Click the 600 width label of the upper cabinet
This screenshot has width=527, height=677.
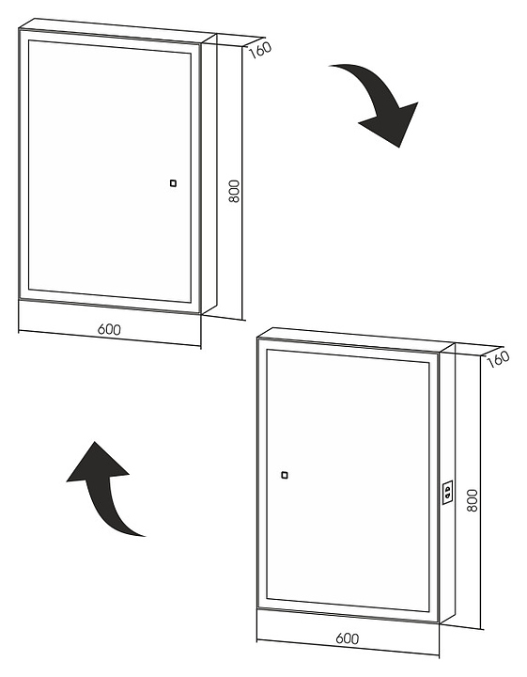(x=109, y=329)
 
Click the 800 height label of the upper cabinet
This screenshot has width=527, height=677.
(x=234, y=191)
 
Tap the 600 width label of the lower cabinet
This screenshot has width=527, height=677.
(x=348, y=638)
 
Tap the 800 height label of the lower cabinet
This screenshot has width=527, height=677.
(x=473, y=500)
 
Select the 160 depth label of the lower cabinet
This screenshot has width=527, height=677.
(x=498, y=359)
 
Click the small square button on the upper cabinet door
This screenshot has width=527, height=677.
(x=173, y=183)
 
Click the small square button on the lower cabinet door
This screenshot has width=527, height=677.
(x=285, y=476)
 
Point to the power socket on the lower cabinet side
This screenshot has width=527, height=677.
(x=447, y=492)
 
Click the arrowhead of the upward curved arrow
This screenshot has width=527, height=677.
(x=97, y=464)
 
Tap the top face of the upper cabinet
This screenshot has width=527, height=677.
(x=117, y=31)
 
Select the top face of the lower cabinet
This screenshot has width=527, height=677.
(x=356, y=340)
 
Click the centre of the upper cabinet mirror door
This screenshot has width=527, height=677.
(x=110, y=171)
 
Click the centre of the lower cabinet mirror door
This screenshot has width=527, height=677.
(x=348, y=480)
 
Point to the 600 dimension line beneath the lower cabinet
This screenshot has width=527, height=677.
(x=348, y=648)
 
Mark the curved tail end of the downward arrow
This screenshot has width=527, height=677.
(x=331, y=66)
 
